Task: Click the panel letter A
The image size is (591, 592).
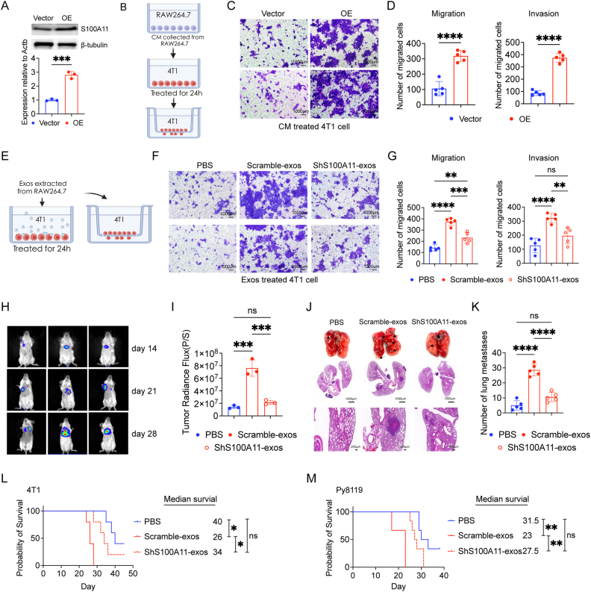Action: click(x=7, y=7)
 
